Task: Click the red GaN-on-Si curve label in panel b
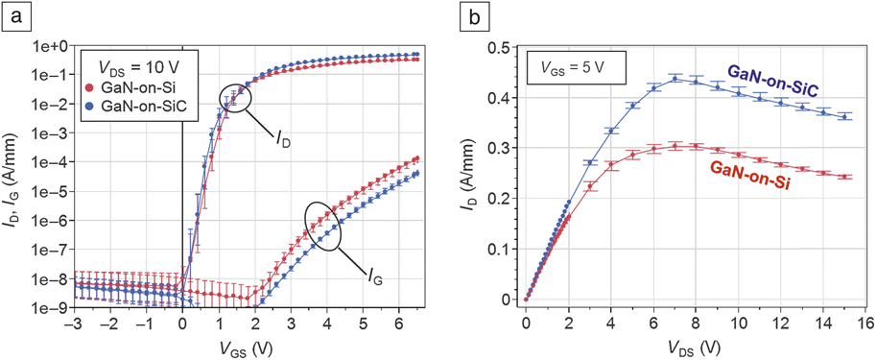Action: pyautogui.click(x=752, y=178)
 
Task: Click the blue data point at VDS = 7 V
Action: pyautogui.click(x=675, y=79)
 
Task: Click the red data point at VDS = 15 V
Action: pyautogui.click(x=843, y=177)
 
